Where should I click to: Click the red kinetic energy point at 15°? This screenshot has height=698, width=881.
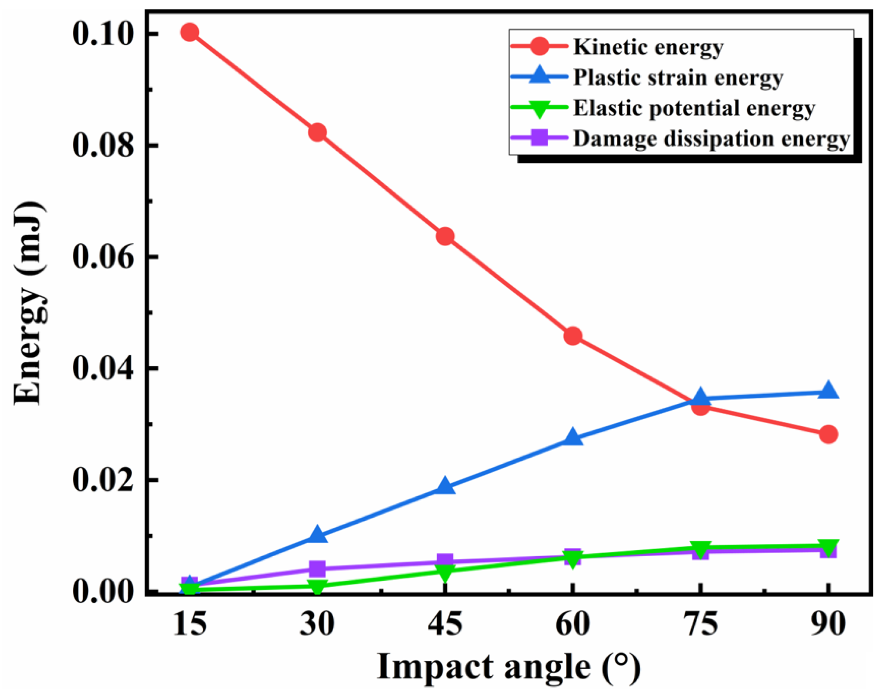[190, 32]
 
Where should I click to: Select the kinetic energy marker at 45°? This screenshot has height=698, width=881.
[445, 236]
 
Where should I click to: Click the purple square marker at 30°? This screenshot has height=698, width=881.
[318, 568]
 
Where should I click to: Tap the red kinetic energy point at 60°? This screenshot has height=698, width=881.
[572, 336]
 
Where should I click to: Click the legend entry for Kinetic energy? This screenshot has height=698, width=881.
[648, 47]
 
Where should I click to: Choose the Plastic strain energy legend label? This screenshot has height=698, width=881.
[678, 77]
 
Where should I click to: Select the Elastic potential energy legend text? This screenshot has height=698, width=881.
[694, 108]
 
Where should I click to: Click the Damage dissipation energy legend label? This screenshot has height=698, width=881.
[711, 139]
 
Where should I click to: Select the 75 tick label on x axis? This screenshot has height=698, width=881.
[700, 624]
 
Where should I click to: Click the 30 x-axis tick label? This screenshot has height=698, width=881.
[318, 624]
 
